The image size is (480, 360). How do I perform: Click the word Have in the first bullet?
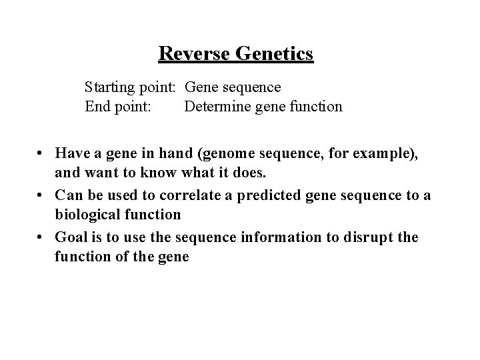71,153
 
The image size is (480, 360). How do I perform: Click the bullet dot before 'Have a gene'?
41,154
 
